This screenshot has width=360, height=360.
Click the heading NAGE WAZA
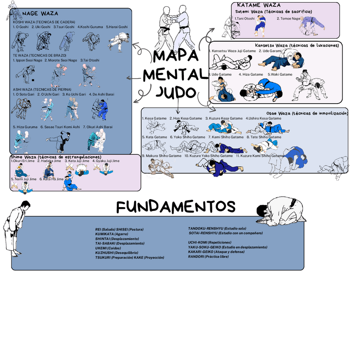(x=40, y=14)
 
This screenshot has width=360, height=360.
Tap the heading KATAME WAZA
(x=262, y=5)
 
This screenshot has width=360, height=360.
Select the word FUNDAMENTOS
(x=176, y=207)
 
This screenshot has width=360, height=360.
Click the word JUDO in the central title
(x=175, y=92)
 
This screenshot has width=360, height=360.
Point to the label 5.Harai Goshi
(x=117, y=27)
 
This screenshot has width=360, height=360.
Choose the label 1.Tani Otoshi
(x=245, y=18)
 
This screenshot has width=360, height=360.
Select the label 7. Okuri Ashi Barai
(x=98, y=127)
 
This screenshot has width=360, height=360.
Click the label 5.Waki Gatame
(x=280, y=74)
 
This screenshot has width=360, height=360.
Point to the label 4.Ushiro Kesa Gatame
(x=263, y=118)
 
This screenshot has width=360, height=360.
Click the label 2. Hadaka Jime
(x=49, y=161)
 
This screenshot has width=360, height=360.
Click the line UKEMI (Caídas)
(x=108, y=248)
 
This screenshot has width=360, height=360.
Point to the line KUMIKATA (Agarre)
(x=111, y=234)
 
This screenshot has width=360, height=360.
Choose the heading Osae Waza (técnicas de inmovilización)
(x=307, y=113)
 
